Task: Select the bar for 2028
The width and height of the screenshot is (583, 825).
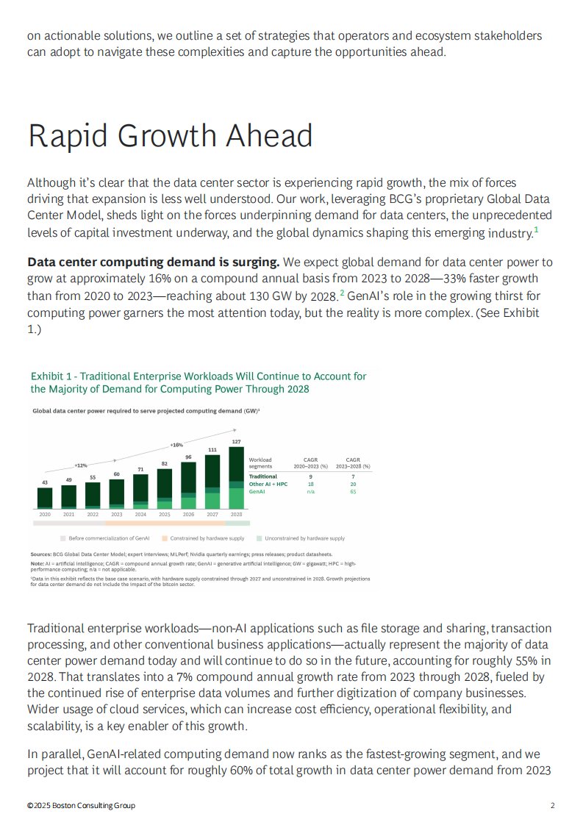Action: (236, 478)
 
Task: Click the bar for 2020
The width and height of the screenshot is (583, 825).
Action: (45, 498)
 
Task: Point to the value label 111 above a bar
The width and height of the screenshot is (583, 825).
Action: (212, 449)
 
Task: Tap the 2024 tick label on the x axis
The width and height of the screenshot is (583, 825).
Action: (140, 514)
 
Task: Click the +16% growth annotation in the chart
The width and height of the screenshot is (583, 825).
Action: (176, 445)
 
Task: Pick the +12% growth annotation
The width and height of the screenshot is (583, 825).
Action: (80, 465)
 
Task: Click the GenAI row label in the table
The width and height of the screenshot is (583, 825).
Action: (257, 491)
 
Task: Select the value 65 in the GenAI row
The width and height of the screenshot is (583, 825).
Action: (353, 491)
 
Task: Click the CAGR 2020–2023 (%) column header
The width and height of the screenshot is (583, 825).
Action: (310, 463)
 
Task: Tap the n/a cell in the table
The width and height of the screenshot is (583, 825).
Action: (310, 491)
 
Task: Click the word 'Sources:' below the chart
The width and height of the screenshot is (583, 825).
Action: (40, 554)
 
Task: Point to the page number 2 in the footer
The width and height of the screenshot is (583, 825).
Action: (552, 805)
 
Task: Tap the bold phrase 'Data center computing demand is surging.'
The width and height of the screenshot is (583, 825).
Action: (153, 262)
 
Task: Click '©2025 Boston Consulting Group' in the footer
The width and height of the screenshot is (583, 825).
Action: (81, 805)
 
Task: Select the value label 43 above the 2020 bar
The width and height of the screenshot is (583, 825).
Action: (44, 482)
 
